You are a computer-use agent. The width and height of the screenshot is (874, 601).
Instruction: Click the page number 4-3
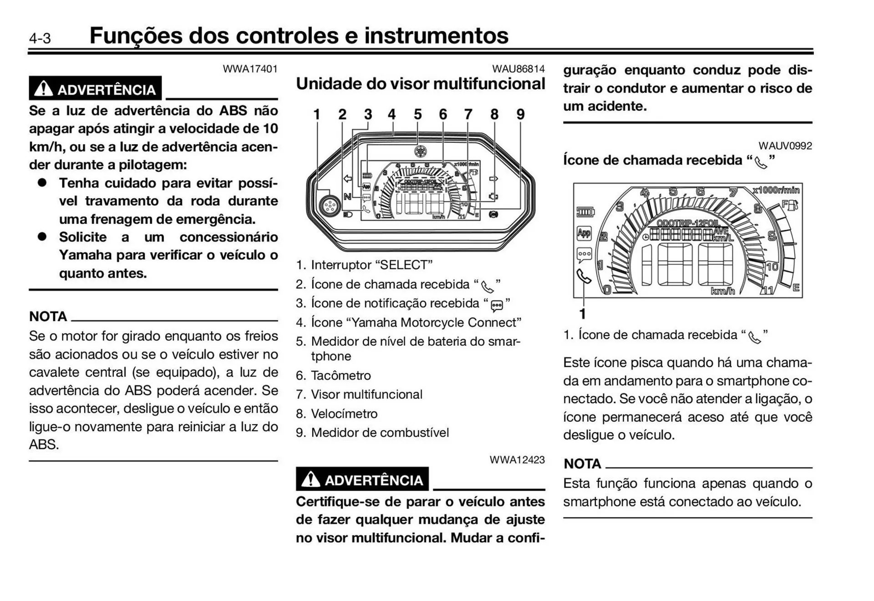[40, 38]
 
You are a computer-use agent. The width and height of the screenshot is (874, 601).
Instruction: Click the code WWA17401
[250, 69]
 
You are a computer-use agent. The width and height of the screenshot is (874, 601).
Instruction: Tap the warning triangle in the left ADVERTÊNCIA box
[44, 88]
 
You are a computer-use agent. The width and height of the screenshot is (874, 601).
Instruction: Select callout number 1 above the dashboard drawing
[317, 114]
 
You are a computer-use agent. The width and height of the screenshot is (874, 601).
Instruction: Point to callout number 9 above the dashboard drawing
[520, 114]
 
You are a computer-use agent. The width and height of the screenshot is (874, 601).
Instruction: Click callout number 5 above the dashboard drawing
[417, 114]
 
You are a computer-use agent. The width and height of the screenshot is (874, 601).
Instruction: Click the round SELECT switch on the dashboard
[329, 206]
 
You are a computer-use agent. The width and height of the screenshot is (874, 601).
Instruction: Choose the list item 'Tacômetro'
[340, 375]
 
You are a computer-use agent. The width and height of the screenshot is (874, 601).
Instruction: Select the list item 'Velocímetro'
[344, 414]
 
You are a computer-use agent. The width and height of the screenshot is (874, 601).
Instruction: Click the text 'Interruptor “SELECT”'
[371, 265]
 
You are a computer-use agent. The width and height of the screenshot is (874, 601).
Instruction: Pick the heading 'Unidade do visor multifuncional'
[420, 84]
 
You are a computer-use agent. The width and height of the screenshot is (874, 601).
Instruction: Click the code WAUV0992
[785, 146]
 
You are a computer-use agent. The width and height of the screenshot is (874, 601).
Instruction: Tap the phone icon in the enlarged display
[584, 276]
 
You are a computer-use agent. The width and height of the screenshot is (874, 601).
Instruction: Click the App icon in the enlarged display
[584, 233]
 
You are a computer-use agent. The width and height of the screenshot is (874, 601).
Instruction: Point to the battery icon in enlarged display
[585, 212]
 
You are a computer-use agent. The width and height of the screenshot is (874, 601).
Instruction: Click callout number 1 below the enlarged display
[582, 313]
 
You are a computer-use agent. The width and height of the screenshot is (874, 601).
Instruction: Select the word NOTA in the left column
[48, 316]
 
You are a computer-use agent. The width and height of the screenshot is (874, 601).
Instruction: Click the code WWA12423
[517, 460]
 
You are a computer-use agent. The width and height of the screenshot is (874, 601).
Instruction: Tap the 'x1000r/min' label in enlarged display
[776, 190]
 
